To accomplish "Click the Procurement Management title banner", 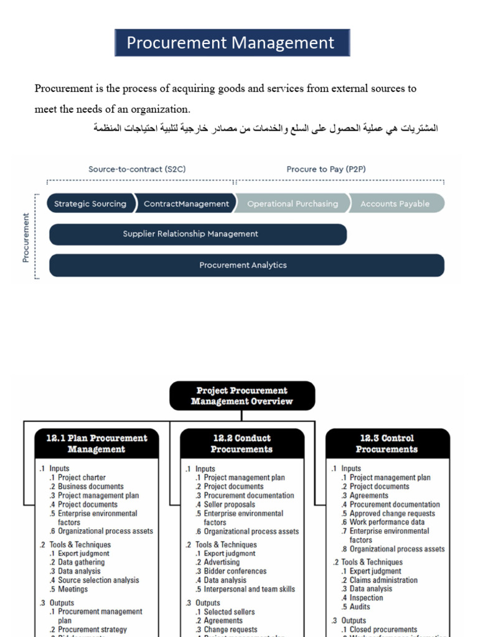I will pyautogui.click(x=232, y=43).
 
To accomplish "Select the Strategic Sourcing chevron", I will pyautogui.click(x=90, y=203).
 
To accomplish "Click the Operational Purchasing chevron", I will pyautogui.click(x=292, y=203).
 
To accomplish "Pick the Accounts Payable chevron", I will pyautogui.click(x=395, y=203).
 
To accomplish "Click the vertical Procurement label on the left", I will pyautogui.click(x=26, y=238).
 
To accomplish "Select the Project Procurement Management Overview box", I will pyautogui.click(x=241, y=396).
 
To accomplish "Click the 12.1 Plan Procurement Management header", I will pyautogui.click(x=96, y=444).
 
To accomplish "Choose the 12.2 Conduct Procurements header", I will pyautogui.click(x=241, y=444).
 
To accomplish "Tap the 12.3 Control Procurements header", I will pyautogui.click(x=387, y=444).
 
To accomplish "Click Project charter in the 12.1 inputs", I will pyautogui.click(x=82, y=478).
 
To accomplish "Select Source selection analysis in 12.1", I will pyautogui.click(x=98, y=580).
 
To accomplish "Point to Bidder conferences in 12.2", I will pyautogui.click(x=235, y=571).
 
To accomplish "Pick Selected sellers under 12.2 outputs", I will pyautogui.click(x=229, y=612).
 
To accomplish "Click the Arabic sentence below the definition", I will pyautogui.click(x=266, y=128).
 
